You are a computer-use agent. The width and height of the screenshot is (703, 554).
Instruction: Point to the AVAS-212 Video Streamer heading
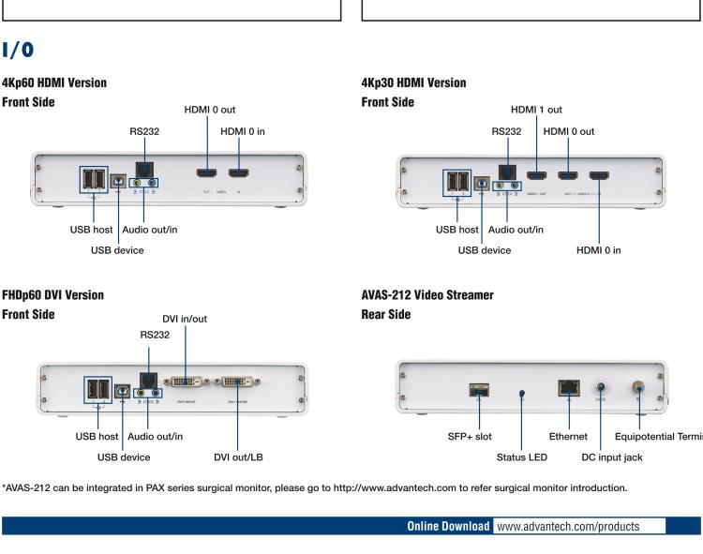click(428, 295)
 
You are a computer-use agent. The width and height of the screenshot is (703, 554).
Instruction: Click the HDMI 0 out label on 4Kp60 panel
click(210, 111)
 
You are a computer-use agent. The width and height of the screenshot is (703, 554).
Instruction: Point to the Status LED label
click(521, 457)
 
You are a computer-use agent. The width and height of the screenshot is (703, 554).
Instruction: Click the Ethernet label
click(568, 436)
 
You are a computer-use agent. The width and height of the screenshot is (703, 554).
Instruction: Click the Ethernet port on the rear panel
click(568, 389)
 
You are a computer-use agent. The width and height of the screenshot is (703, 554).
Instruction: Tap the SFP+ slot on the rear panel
click(478, 390)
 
